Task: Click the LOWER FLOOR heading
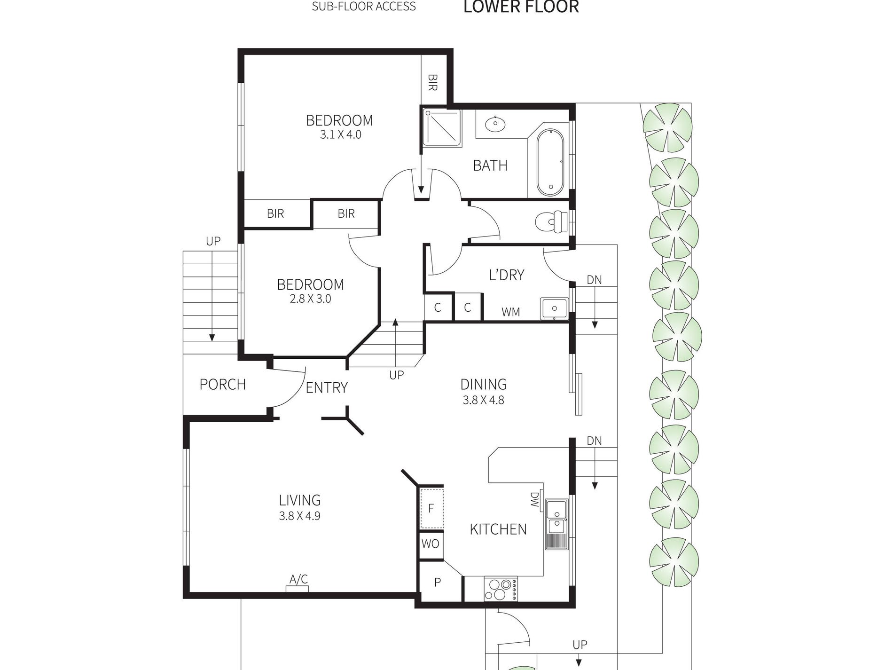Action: point(521,7)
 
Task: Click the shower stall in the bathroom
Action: point(442,127)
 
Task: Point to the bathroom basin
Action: point(495,124)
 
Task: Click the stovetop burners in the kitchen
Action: point(501,589)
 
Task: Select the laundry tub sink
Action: point(555,308)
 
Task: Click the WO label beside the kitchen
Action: point(430,544)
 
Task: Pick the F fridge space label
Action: point(431,508)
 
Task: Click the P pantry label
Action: point(437,583)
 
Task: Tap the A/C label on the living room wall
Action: point(298,579)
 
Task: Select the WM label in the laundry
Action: point(510,312)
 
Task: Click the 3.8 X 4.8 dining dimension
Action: point(483,400)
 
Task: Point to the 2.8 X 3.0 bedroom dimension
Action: point(310,299)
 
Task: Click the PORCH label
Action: point(222,385)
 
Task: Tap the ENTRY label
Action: point(327,387)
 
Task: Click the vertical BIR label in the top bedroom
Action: point(433,82)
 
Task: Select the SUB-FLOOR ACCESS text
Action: point(364,7)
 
